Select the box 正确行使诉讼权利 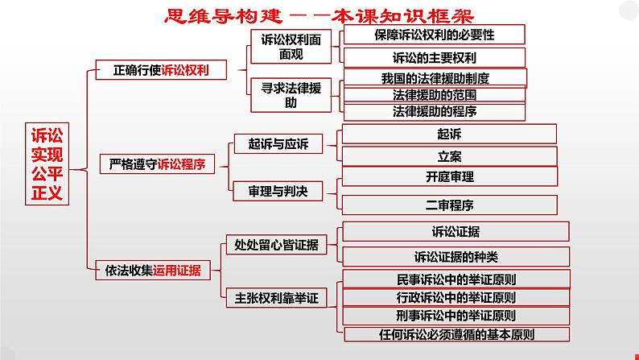(x=162, y=70)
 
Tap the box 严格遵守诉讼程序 (x=157, y=165)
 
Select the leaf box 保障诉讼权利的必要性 (x=434, y=35)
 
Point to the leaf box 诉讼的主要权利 (x=434, y=57)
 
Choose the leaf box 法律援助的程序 (x=434, y=110)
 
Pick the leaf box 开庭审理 (x=450, y=177)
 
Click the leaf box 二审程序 (x=450, y=204)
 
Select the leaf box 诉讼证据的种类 (x=456, y=257)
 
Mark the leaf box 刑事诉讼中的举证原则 (x=456, y=315)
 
